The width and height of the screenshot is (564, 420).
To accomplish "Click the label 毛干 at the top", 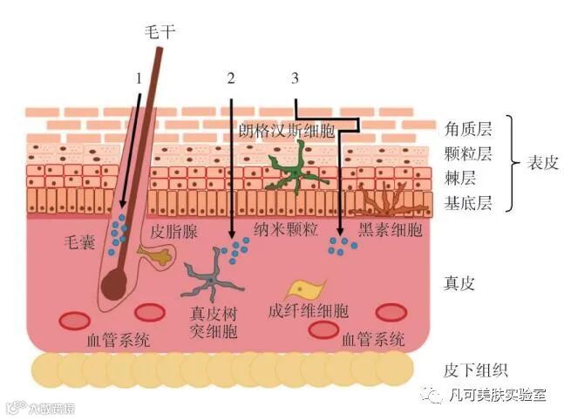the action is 160,31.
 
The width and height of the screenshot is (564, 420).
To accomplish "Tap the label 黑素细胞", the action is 389,231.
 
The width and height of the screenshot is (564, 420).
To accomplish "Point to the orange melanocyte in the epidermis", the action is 390,201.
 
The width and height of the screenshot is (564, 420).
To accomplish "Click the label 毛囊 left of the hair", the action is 82,240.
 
